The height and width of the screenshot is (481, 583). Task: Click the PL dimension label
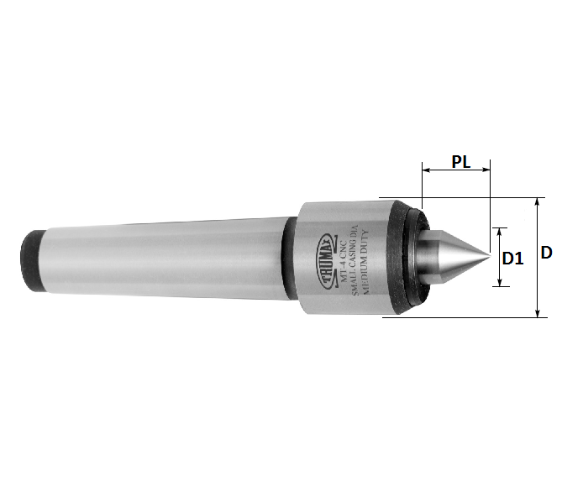[460, 161]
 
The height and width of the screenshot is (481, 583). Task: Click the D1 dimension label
[512, 259]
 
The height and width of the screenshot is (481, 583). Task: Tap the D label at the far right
[546, 252]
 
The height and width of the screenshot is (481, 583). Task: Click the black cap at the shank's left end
[34, 261]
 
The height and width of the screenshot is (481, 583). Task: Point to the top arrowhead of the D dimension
[538, 201]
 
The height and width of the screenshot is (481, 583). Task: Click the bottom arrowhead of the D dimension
[538, 314]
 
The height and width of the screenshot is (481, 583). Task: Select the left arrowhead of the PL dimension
[425, 170]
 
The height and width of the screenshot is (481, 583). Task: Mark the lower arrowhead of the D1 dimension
[502, 283]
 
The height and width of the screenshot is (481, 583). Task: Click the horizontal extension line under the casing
[462, 317]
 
